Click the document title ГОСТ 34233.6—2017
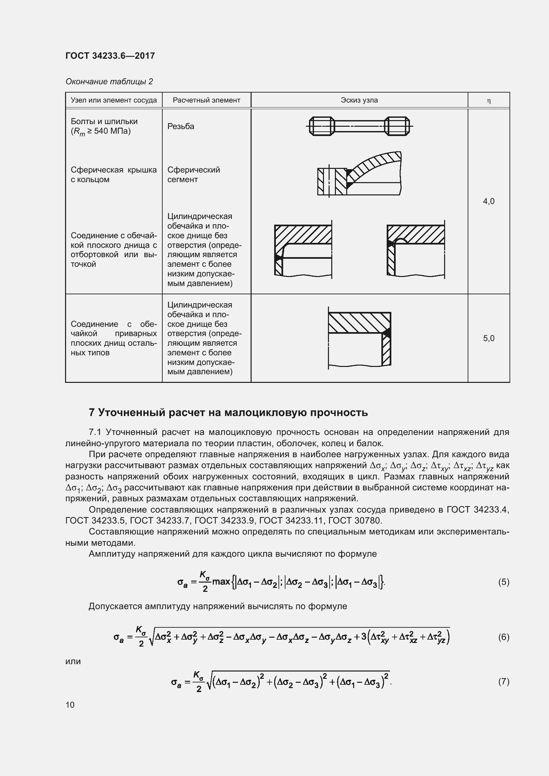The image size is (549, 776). pos(110,56)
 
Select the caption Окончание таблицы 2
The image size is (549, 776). pos(109,82)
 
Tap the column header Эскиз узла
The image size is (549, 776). pos(359,100)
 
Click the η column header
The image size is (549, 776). pos(489,101)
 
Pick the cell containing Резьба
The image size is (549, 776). pos(181,126)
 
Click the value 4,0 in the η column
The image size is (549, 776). pos(489,201)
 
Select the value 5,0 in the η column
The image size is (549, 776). pos(489,338)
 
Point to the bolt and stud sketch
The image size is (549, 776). pos(359,126)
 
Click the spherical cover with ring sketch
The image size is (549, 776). pos(359,174)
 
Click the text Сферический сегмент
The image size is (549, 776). pos(194,175)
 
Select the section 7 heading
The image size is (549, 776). pos(228,412)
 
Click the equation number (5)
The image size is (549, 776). pos(504,582)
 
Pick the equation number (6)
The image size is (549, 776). pos(504,637)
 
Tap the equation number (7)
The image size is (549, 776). pos(504,682)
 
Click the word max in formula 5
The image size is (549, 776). pos(221,582)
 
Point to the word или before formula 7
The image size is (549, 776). pos(73,661)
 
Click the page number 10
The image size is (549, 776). pos(70,705)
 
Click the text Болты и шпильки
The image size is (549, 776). pos(104,121)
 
